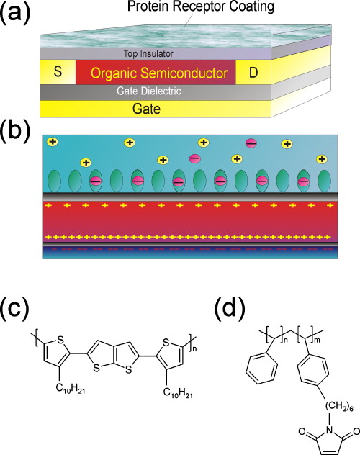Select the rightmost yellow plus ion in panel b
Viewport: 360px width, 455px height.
pos(321,158)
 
